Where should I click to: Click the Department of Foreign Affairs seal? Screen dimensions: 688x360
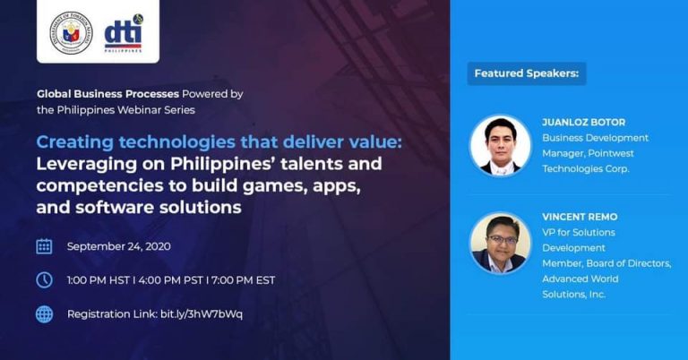pyautogui.click(x=71, y=33)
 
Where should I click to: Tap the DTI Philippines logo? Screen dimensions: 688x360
pyautogui.click(x=124, y=33)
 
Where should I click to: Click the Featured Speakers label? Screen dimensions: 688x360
pyautogui.click(x=527, y=73)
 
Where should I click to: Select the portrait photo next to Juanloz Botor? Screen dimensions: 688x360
pyautogui.click(x=500, y=146)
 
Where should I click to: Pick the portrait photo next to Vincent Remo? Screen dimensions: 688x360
pyautogui.click(x=500, y=244)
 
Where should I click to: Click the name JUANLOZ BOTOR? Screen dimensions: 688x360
pyautogui.click(x=583, y=123)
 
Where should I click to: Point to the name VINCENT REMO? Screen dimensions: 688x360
pyautogui.click(x=580, y=217)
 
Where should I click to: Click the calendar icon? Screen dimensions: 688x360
pyautogui.click(x=44, y=246)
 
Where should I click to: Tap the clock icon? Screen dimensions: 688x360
pyautogui.click(x=44, y=279)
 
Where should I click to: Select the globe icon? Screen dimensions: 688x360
pyautogui.click(x=44, y=314)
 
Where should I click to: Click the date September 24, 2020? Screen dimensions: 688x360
pyautogui.click(x=119, y=246)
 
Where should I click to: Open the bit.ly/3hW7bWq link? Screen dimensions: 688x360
pyautogui.click(x=202, y=314)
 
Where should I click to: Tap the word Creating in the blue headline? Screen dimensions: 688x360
pyautogui.click(x=75, y=142)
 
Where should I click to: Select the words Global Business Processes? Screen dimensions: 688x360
pyautogui.click(x=107, y=94)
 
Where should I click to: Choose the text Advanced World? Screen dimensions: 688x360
pyautogui.click(x=580, y=279)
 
